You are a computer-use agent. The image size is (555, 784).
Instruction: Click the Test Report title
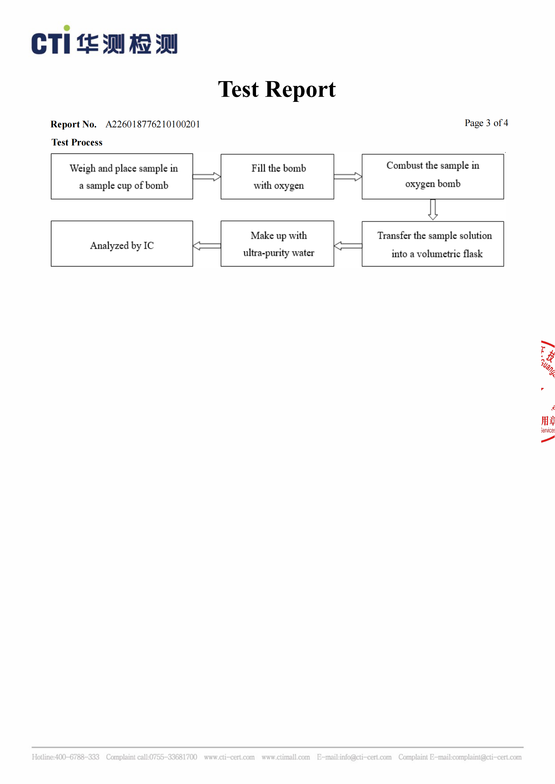pyautogui.click(x=277, y=89)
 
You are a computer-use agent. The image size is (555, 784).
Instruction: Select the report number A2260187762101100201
pyautogui.click(x=153, y=124)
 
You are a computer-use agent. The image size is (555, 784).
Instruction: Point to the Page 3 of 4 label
pyautogui.click(x=486, y=123)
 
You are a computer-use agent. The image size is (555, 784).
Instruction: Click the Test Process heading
pyautogui.click(x=77, y=142)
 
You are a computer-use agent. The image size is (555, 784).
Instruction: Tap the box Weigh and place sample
pyautogui.click(x=122, y=177)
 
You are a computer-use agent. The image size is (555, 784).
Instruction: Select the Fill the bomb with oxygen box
pyautogui.click(x=277, y=177)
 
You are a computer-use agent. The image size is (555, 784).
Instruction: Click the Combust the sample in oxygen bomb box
pyautogui.click(x=433, y=177)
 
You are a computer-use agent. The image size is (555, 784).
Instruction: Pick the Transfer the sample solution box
pyautogui.click(x=433, y=244)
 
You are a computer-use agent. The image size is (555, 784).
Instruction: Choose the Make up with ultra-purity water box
pyautogui.click(x=277, y=244)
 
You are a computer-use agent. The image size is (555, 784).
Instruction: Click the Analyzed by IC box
pyautogui.click(x=122, y=244)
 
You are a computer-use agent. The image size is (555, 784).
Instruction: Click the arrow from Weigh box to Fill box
pyautogui.click(x=207, y=177)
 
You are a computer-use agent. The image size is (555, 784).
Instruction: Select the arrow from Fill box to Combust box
pyautogui.click(x=348, y=177)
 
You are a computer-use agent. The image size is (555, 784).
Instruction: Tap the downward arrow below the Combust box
pyautogui.click(x=433, y=209)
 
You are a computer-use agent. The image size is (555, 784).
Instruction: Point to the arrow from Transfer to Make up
pyautogui.click(x=348, y=246)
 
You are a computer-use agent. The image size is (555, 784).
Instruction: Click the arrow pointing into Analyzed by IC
pyautogui.click(x=207, y=246)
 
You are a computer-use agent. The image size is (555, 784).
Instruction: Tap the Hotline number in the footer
pyautogui.click(x=66, y=757)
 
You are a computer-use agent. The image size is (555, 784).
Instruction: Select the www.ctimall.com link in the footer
pyautogui.click(x=286, y=757)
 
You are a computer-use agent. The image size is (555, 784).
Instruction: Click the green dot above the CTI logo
pyautogui.click(x=67, y=28)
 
